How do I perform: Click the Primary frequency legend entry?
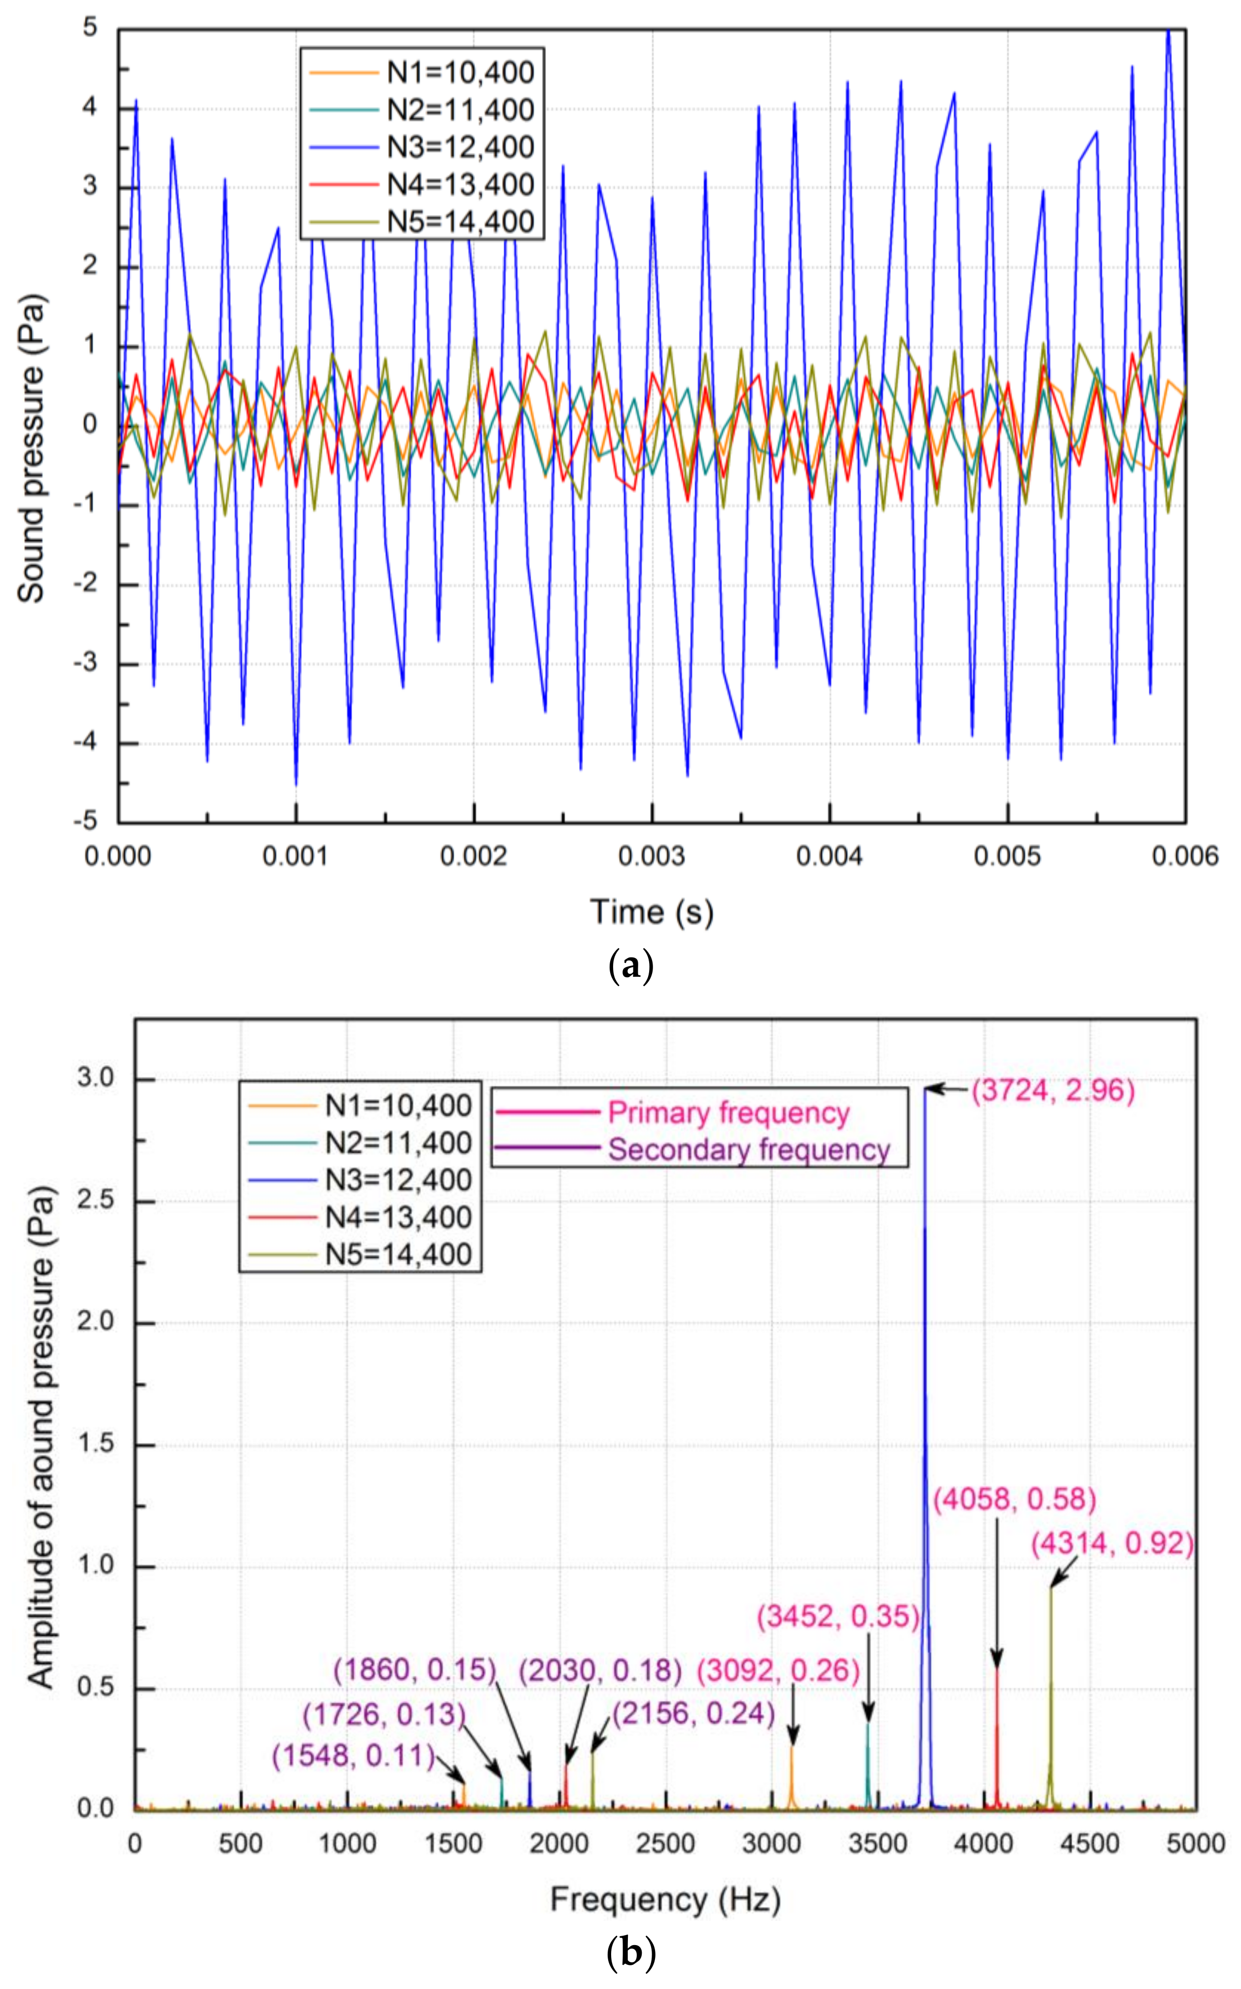pos(727,1112)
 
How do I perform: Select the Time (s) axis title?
pos(652,912)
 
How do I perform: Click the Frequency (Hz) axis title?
pos(665,1900)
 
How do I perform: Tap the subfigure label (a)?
pos(630,966)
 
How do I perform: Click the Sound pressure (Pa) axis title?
pos(31,448)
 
